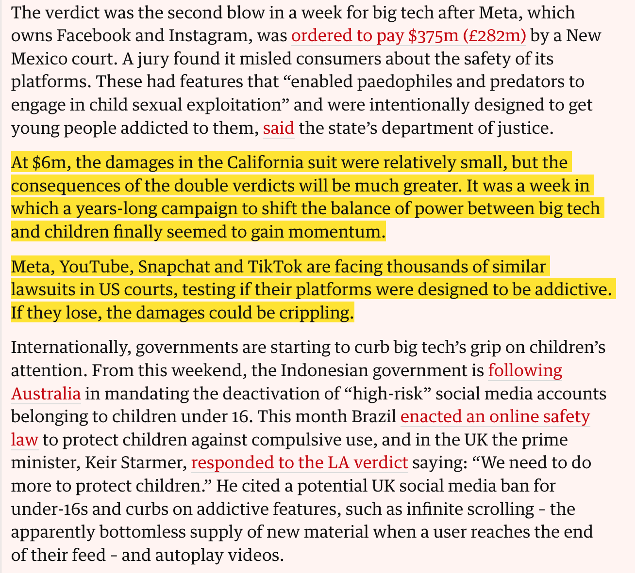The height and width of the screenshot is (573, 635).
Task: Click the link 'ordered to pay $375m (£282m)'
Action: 408,35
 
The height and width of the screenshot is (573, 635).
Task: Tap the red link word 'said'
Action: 279,128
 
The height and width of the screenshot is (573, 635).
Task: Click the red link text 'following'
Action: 525,370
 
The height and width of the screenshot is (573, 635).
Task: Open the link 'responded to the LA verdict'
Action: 299,462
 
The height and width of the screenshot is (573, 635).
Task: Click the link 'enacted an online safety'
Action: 495,416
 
